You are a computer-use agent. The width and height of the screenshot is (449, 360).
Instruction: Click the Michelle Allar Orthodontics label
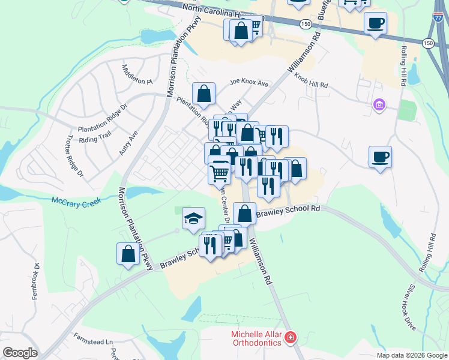click(256, 338)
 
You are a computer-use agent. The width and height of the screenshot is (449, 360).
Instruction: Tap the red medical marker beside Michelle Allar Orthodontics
click(291, 337)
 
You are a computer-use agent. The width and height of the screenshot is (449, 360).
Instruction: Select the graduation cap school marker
click(193, 219)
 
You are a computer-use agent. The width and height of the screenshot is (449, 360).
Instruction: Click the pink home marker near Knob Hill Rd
click(378, 106)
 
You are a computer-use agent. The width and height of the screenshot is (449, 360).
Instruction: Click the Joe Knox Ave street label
click(249, 83)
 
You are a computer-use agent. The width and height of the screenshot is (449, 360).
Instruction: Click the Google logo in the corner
click(20, 353)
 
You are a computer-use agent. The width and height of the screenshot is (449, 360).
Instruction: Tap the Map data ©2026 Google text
click(412, 355)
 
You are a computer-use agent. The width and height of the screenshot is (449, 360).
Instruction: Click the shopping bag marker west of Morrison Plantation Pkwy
click(128, 253)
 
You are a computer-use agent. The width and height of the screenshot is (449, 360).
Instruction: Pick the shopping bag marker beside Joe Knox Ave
click(204, 94)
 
